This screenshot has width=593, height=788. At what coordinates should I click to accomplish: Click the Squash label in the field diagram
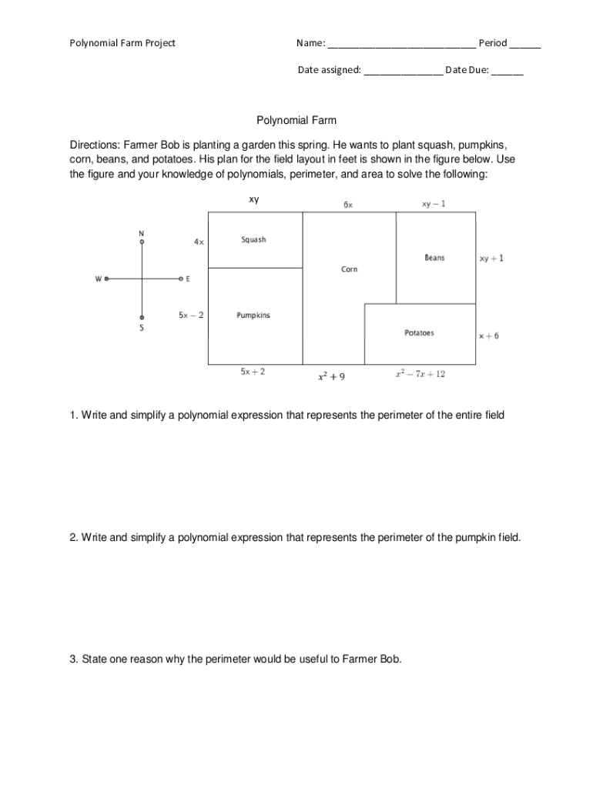point(253,240)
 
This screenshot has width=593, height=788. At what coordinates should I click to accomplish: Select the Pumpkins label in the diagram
point(253,316)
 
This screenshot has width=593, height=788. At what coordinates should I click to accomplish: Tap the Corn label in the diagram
point(349,269)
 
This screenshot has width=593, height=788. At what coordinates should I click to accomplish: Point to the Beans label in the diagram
point(434,258)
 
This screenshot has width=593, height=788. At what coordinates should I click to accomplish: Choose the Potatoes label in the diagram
point(419,333)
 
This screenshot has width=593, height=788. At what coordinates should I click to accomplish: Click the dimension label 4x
point(199,242)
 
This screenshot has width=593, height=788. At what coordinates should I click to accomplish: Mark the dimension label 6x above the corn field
point(348,205)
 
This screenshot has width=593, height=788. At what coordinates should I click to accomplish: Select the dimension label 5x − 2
point(191,315)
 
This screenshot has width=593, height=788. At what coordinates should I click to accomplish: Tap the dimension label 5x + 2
point(253,372)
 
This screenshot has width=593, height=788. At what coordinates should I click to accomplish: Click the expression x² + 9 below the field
point(331,377)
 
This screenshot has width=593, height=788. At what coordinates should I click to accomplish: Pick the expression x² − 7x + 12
point(420,374)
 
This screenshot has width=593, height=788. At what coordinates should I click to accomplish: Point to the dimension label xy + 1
point(491,259)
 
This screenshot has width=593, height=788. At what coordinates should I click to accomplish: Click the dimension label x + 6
point(488,336)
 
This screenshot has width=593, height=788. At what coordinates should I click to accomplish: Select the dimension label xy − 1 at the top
point(434,204)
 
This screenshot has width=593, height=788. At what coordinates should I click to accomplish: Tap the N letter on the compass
point(141,232)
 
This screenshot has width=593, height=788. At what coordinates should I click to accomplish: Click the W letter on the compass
point(98,279)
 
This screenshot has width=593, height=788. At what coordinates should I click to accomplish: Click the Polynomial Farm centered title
point(296,121)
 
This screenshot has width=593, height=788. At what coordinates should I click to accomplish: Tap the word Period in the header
point(493,43)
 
